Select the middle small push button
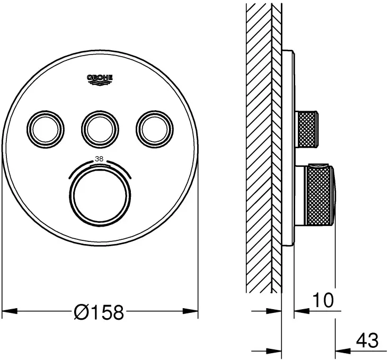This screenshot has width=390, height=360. click(x=97, y=125)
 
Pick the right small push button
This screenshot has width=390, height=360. click(x=154, y=125)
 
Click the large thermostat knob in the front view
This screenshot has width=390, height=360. click(x=99, y=196)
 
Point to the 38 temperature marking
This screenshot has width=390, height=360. click(x=99, y=158)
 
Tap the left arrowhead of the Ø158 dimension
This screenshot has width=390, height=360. click(x=7, y=311)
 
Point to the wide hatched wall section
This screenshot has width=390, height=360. click(x=259, y=148)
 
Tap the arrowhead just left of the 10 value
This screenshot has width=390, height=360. click(x=298, y=311)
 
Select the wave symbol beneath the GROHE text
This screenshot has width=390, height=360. click(x=100, y=81)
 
